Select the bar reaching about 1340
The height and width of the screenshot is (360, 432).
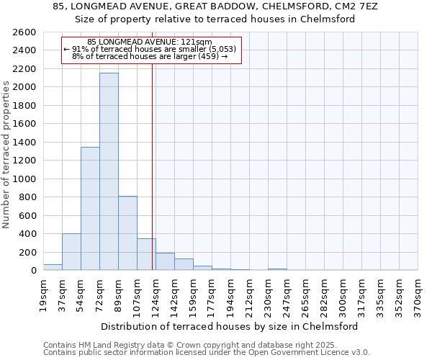(x=90, y=209)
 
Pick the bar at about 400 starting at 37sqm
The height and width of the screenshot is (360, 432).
(x=71, y=252)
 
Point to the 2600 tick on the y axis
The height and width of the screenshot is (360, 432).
(x=24, y=32)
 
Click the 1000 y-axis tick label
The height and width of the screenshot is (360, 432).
(x=24, y=179)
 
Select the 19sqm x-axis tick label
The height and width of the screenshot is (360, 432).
(x=43, y=293)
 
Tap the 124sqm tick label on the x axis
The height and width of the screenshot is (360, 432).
(x=156, y=293)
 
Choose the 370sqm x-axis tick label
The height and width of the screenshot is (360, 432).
(x=418, y=293)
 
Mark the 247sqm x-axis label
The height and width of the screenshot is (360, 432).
(x=287, y=293)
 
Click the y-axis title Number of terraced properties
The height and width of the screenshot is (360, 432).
(x=7, y=155)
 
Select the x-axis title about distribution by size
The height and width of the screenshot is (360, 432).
(x=229, y=326)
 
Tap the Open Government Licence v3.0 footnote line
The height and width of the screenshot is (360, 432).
(x=207, y=352)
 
